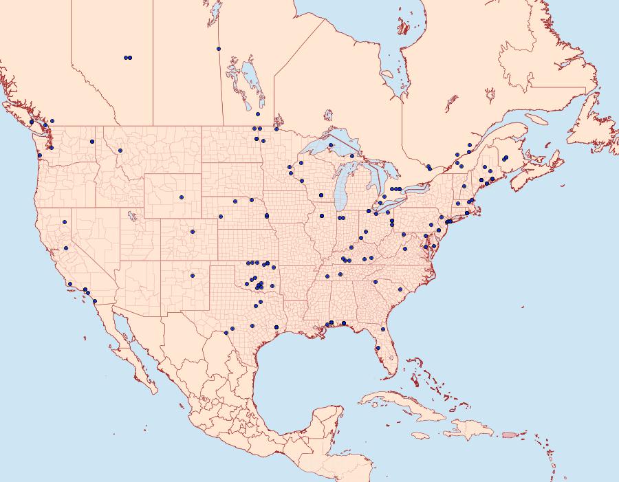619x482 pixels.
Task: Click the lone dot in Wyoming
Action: pyautogui.click(x=182, y=197)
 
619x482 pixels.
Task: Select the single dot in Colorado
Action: pyautogui.click(x=193, y=232)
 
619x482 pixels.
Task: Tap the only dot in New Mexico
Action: pyautogui.click(x=193, y=276)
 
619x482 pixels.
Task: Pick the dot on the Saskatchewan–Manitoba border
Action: pyautogui.click(x=219, y=49)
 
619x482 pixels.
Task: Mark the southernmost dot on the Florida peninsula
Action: pyautogui.click(x=378, y=348)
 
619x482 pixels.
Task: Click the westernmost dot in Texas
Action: pyautogui.click(x=226, y=333)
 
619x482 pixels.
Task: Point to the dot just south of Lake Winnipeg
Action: pyautogui.click(x=258, y=114)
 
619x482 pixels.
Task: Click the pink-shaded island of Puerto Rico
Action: pyautogui.click(x=509, y=434)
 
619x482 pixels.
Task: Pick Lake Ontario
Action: pyautogui.click(x=412, y=184)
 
